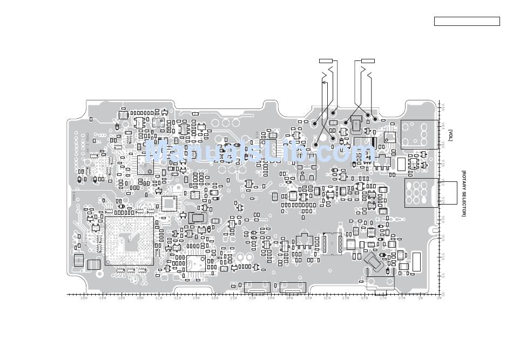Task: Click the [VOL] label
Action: click(x=450, y=135)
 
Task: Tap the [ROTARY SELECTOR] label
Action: click(x=463, y=193)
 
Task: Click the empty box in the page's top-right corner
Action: click(x=467, y=22)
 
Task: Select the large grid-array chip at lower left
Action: click(x=129, y=241)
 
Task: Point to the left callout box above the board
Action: click(x=327, y=60)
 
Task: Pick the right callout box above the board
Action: click(x=368, y=60)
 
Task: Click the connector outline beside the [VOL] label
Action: click(x=419, y=134)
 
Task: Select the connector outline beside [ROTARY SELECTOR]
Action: click(x=423, y=193)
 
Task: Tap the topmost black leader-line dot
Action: click(x=333, y=113)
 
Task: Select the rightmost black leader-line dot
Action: click(x=375, y=119)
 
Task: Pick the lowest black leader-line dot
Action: click(x=315, y=144)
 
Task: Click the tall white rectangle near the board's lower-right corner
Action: click(x=416, y=261)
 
